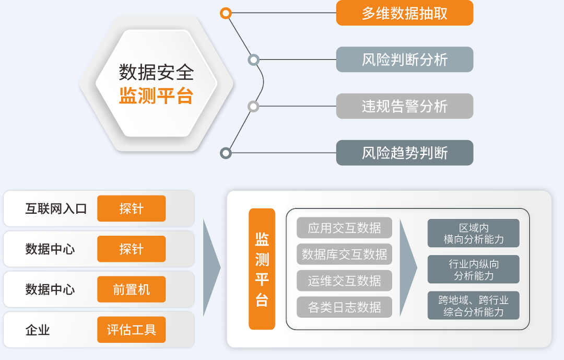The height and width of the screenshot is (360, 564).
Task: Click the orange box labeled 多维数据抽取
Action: [404, 13]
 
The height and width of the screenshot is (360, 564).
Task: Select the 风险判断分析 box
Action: [404, 60]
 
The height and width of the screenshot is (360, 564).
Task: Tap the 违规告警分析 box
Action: [404, 106]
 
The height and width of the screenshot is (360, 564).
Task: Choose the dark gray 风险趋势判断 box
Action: [404, 153]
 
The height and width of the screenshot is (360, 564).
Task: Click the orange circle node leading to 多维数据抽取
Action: [226, 13]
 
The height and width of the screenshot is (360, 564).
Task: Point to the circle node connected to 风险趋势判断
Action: [226, 153]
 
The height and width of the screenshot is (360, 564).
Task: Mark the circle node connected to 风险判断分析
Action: [254, 60]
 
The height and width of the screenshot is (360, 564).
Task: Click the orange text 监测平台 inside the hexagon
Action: [156, 97]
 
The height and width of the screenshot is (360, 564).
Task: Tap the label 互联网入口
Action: [56, 209]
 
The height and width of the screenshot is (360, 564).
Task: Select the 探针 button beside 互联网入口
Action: [131, 208]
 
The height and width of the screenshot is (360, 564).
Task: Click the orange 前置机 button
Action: [131, 289]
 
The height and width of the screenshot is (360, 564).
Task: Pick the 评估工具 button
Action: [131, 330]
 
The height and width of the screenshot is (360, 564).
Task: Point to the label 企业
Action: [38, 330]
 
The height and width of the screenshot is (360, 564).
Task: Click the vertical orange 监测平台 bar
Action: [262, 269]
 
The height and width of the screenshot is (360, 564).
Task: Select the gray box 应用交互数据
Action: [344, 228]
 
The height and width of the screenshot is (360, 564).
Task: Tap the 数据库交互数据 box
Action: [344, 254]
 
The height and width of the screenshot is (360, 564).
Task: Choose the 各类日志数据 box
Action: [344, 307]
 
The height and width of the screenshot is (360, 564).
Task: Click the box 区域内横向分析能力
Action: [473, 233]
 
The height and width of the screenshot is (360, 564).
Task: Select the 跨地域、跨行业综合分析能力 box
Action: [473, 306]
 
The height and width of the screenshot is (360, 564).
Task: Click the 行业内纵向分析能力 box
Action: [473, 269]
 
